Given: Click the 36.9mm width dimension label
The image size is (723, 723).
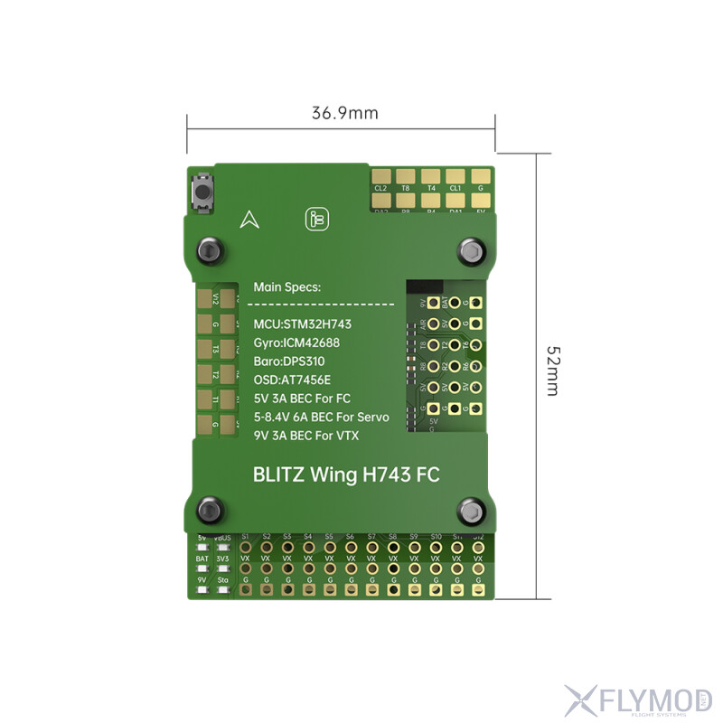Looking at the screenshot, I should coord(344,113).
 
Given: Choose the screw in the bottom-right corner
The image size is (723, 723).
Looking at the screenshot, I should coord(471,511).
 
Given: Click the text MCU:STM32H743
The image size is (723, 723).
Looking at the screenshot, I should coord(302,324).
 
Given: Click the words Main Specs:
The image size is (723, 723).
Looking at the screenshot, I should coord(286,287).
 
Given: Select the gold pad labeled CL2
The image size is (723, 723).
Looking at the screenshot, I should coord(380,176).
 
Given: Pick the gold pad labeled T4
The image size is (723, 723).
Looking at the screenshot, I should coord(430,176).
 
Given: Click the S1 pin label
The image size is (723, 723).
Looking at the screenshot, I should coord(245,537).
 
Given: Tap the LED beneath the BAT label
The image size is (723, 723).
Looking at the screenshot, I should coord(202,568).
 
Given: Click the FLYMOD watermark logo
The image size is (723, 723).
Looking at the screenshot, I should coord(637,698).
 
